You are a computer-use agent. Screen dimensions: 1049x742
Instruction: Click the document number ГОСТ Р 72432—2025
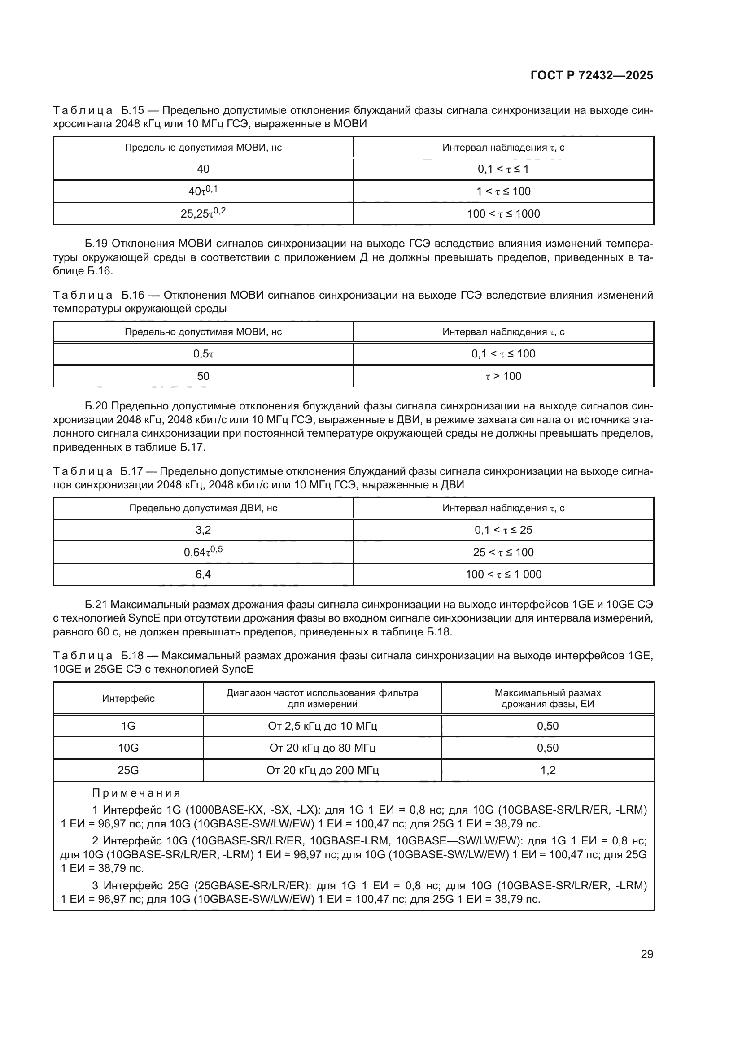coord(592,75)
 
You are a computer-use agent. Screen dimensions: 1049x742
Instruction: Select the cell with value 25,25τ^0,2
coord(203,213)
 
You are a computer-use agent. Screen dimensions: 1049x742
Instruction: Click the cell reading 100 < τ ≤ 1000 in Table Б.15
coord(503,214)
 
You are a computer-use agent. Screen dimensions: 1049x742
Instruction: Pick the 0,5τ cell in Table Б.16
coord(203,353)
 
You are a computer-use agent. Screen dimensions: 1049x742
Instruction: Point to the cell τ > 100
coord(503,376)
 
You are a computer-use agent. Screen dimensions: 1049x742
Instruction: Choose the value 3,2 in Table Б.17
coord(203,530)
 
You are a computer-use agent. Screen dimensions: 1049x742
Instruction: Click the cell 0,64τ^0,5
coord(203,552)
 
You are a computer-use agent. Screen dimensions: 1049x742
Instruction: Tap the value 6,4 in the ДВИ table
coord(203,575)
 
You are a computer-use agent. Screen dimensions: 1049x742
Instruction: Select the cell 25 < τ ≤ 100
coord(503,553)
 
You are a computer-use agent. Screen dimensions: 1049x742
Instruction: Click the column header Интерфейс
coord(128,699)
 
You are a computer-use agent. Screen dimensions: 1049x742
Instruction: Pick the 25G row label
coord(128,770)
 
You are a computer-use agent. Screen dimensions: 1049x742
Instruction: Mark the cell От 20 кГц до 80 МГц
coord(323,748)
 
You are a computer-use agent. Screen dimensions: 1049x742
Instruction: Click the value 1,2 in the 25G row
coord(548,770)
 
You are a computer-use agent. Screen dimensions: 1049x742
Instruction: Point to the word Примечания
coord(136,792)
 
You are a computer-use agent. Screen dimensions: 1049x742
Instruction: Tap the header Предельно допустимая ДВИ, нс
coord(203,508)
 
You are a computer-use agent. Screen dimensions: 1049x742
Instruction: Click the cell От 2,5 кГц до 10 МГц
coord(323,726)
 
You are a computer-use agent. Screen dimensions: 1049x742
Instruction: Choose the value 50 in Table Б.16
coord(203,376)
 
